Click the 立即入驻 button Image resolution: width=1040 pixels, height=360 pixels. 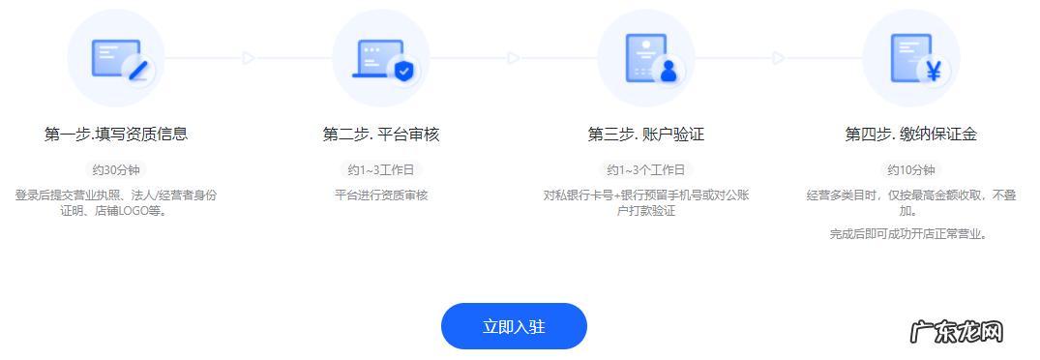coord(514,326)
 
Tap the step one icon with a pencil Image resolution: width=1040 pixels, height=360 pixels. coord(116,58)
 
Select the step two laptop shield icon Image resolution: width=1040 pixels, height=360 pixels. coord(381,58)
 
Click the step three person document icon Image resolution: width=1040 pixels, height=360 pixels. coord(646,58)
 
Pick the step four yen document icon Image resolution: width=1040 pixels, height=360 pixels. coord(910,58)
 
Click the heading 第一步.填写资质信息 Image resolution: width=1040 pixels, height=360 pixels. coord(116,134)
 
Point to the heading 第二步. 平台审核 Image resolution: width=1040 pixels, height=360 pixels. coord(381,134)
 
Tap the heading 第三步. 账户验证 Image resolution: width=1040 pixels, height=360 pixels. coord(646,134)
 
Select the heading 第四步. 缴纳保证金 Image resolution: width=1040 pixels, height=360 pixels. coord(910,134)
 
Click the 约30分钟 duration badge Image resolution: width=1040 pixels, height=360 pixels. coord(116,170)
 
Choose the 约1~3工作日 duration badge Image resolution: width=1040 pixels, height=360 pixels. coord(381,170)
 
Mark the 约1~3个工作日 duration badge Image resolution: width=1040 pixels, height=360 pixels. coord(646,170)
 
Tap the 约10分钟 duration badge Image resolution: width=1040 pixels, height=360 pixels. coord(910,170)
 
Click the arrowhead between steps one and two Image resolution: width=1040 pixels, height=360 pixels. coord(249,58)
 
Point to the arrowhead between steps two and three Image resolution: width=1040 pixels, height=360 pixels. coord(514,58)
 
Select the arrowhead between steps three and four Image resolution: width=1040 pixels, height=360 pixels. coord(779,58)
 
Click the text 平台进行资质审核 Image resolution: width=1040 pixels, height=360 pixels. coord(381,195)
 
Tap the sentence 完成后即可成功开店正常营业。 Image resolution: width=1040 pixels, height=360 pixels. coord(910,234)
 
